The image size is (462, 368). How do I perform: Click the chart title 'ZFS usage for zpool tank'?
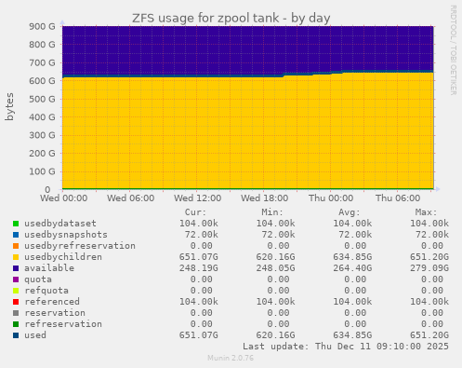click(x=231, y=18)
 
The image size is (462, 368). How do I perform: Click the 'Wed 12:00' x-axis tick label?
click(x=197, y=198)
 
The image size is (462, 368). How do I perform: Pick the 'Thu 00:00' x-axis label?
click(x=331, y=198)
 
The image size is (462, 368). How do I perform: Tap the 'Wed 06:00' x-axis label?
click(x=131, y=198)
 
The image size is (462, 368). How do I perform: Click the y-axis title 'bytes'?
click(x=10, y=107)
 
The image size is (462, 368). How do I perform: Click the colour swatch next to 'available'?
click(x=15, y=268)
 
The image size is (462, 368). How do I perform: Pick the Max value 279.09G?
click(x=428, y=268)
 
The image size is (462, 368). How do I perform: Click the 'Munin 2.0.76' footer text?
click(x=231, y=358)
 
